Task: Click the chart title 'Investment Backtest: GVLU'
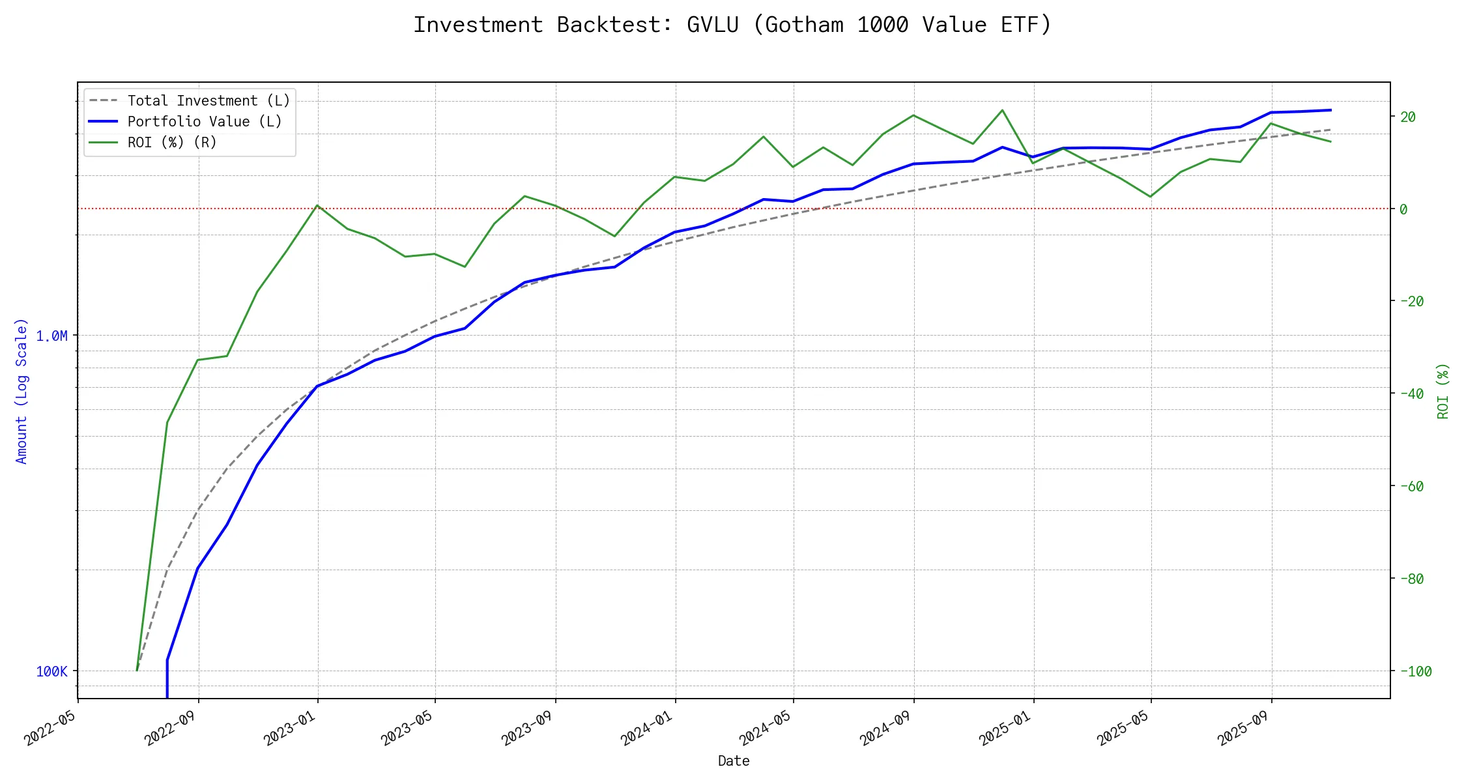click(732, 25)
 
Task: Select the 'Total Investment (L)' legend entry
click(208, 101)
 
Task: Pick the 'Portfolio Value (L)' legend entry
click(205, 122)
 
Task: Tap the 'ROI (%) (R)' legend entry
click(172, 143)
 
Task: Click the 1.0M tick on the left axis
click(51, 336)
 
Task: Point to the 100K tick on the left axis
click(51, 672)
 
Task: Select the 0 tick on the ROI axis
click(1404, 209)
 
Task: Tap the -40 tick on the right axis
click(1411, 394)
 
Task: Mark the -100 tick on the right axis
click(1415, 671)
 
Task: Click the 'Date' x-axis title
click(734, 761)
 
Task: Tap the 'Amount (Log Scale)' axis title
click(22, 391)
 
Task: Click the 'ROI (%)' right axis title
click(1443, 391)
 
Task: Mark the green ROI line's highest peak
click(1002, 110)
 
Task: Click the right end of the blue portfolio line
click(1330, 110)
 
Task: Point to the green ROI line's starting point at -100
click(137, 670)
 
